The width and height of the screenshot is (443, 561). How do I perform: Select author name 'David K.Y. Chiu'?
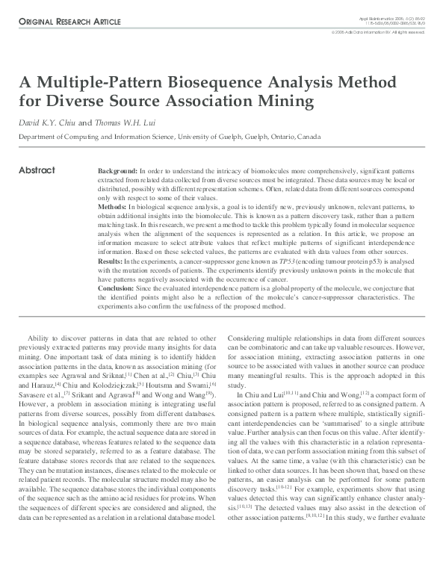[x=46, y=123]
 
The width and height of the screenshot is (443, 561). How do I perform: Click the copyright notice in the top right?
[x=379, y=32]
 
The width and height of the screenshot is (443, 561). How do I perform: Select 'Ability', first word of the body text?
[x=39, y=338]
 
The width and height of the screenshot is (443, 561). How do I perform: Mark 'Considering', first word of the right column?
[x=247, y=338]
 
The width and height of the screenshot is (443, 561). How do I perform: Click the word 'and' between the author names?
[x=85, y=123]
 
